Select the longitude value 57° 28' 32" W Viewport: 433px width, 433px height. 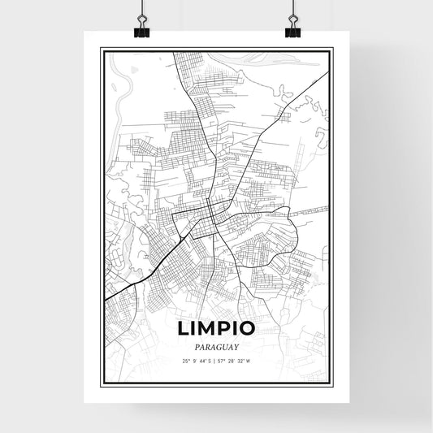237,360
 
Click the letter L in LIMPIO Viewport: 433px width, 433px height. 181,328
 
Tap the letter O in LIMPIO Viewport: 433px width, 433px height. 250,328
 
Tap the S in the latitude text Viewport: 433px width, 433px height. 210,360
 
